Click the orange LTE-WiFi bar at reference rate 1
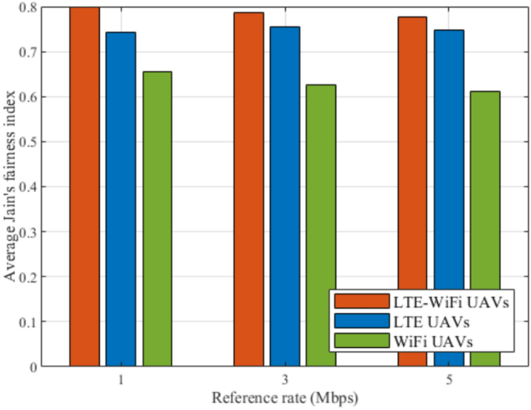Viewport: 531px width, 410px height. coord(84,186)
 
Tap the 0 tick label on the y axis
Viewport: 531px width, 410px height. coord(33,367)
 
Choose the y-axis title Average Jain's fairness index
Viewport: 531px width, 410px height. coord(10,186)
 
